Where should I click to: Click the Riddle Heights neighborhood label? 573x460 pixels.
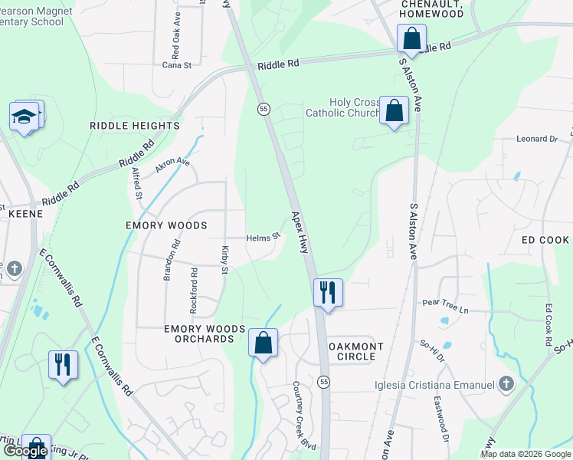(135, 126)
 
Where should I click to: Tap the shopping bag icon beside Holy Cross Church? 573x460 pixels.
(394, 111)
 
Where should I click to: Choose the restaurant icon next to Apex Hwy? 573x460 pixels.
(328, 292)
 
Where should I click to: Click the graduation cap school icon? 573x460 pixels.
(25, 117)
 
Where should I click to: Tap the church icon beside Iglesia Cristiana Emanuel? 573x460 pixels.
(506, 383)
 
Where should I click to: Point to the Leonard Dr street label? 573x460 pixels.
(538, 139)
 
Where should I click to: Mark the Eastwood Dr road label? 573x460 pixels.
(440, 419)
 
